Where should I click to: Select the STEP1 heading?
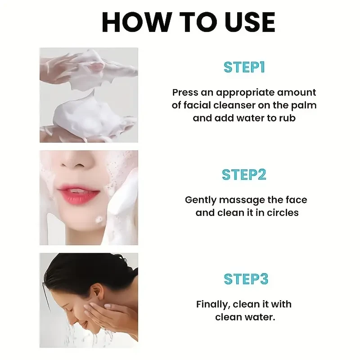(x=244, y=67)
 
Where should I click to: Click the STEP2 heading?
(x=244, y=175)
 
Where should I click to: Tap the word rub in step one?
(x=287, y=119)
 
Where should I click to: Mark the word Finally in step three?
(x=214, y=304)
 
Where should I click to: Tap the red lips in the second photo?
(x=78, y=194)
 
